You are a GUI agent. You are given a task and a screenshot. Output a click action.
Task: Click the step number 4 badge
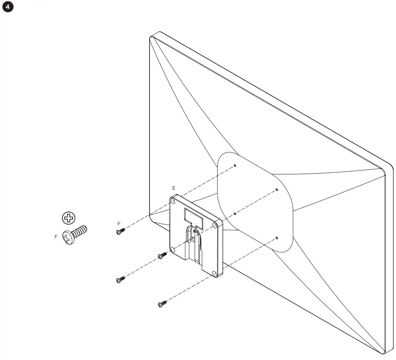pyautogui.click(x=8, y=8)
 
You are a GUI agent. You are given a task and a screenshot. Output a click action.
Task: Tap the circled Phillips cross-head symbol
pyautogui.click(x=69, y=218)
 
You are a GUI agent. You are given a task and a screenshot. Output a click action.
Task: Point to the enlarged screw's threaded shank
pyautogui.click(x=81, y=231)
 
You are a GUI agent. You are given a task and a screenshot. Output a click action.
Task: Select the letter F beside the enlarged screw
pyautogui.click(x=56, y=237)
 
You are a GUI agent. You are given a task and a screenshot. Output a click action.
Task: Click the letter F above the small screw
pyautogui.click(x=119, y=224)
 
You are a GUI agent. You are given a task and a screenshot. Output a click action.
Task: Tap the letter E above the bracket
pyautogui.click(x=174, y=188)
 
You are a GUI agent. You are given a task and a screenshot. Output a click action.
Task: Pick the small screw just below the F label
pyautogui.click(x=120, y=231)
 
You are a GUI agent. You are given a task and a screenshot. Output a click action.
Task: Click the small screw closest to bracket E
pyautogui.click(x=162, y=256)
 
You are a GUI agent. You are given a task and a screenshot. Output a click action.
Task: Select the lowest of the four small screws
pyautogui.click(x=162, y=304)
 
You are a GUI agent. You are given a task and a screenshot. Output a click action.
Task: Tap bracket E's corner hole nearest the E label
pyautogui.click(x=174, y=201)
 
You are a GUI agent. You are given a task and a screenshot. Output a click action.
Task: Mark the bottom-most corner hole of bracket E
pyautogui.click(x=214, y=274)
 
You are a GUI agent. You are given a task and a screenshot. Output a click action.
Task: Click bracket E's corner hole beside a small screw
pyautogui.click(x=173, y=249)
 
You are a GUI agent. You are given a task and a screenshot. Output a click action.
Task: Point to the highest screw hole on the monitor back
pyautogui.click(x=235, y=166)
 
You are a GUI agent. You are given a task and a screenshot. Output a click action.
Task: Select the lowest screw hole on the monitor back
pyautogui.click(x=276, y=238)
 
